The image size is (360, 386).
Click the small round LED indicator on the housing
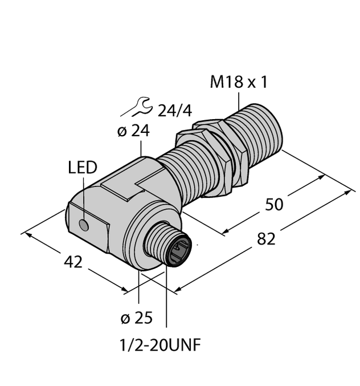(x=84, y=226)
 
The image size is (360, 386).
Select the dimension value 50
(x=274, y=204)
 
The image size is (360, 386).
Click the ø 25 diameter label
(x=136, y=318)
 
